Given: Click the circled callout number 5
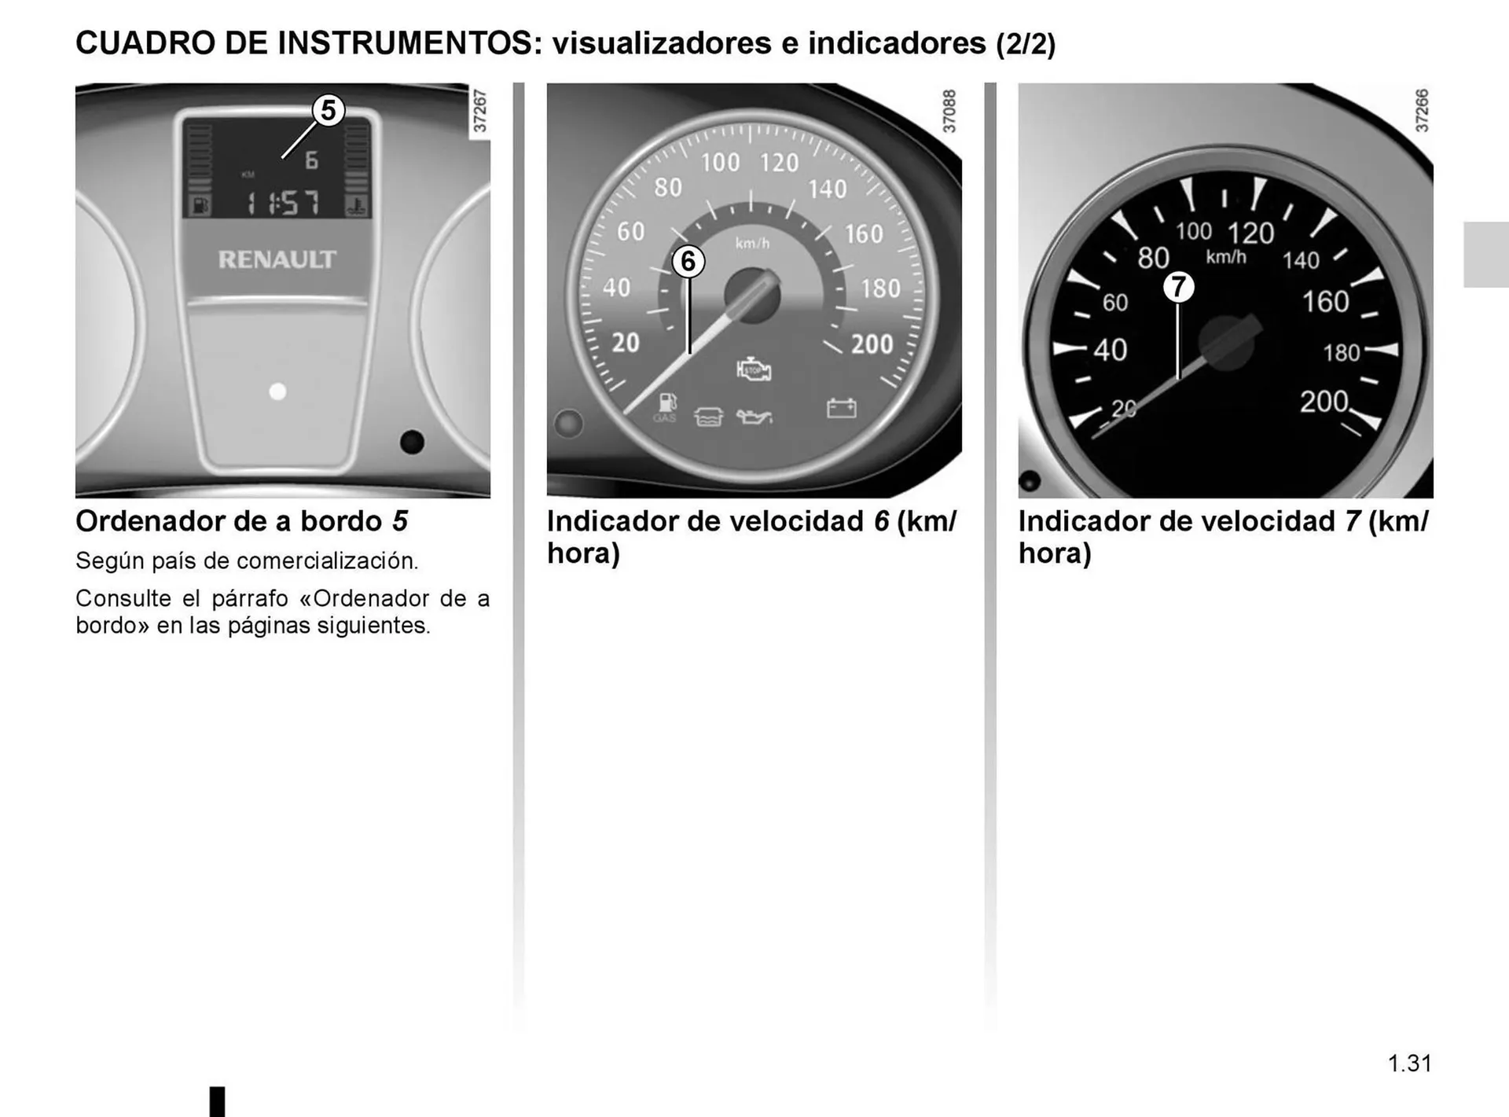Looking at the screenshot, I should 329,110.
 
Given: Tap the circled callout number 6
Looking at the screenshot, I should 688,261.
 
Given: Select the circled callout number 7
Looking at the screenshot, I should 1178,287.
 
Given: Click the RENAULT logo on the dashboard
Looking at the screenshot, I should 277,259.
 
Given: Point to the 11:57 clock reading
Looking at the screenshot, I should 283,204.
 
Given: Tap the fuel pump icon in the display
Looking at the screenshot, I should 201,207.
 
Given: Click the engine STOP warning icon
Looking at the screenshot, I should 754,369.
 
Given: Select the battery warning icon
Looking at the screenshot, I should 841,408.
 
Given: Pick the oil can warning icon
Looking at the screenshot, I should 754,416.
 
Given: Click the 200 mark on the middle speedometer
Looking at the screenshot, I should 872,344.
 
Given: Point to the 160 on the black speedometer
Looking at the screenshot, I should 1325,302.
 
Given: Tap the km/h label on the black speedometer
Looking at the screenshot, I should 1226,257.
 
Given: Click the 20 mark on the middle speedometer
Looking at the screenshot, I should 626,343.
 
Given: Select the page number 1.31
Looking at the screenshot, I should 1410,1064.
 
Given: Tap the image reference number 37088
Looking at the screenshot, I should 949,111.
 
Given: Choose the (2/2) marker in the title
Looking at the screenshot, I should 1026,44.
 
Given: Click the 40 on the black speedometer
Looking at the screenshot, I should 1110,350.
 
